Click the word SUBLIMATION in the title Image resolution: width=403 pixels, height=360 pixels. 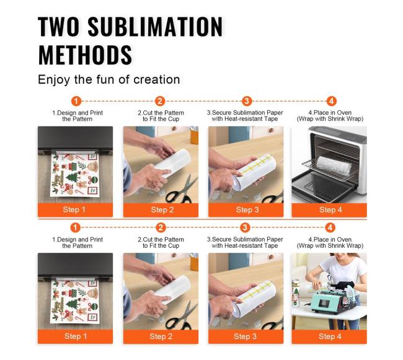(x=155, y=26)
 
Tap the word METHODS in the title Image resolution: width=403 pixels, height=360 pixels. (x=85, y=55)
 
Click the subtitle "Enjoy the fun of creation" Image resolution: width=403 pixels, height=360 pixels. (x=108, y=79)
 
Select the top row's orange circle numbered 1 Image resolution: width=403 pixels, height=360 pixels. (x=76, y=101)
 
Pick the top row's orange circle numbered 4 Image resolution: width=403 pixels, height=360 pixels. (x=331, y=101)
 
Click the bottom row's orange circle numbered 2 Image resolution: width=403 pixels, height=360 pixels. (x=161, y=227)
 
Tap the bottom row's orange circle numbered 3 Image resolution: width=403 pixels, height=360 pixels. (x=245, y=227)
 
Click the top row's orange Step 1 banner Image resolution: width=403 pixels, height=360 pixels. (x=75, y=210)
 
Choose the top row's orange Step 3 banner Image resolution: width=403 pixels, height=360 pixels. (x=246, y=210)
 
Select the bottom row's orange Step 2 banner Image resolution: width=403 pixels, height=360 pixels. (x=161, y=336)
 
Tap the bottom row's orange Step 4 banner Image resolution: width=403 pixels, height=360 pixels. (x=329, y=336)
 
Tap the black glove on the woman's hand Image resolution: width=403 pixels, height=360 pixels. (x=347, y=285)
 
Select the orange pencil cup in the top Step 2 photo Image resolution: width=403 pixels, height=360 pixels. (x=194, y=135)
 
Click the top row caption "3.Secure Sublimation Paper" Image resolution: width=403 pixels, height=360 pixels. (x=245, y=113)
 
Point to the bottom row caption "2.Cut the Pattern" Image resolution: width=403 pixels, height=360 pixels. (x=161, y=239)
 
